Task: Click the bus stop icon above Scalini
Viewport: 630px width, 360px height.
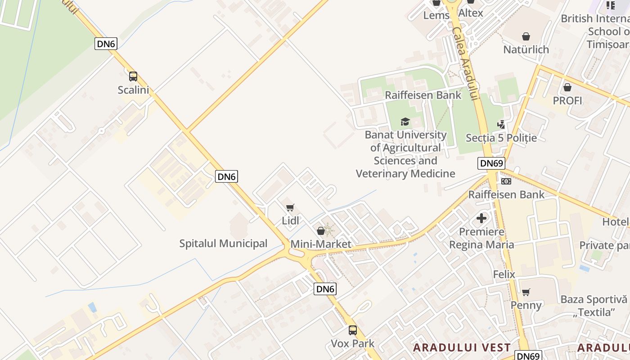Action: (x=133, y=76)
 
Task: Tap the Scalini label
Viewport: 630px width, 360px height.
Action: (x=133, y=90)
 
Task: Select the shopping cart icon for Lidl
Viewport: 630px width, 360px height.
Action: (x=290, y=207)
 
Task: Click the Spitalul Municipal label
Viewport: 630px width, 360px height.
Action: (x=223, y=243)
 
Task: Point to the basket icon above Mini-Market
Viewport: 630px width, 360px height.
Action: (x=321, y=231)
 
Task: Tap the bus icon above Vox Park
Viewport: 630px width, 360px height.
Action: (x=353, y=330)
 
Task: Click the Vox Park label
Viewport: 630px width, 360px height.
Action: (x=352, y=344)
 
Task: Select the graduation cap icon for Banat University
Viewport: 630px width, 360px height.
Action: (x=405, y=121)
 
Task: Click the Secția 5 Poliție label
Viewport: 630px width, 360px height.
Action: (x=501, y=138)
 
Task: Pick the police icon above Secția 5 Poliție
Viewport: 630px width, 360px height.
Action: (x=501, y=124)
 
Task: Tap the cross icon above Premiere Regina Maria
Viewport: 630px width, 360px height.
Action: (x=481, y=219)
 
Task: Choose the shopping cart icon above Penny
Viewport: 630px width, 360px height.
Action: (x=526, y=292)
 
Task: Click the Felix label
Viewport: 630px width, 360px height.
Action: (x=504, y=274)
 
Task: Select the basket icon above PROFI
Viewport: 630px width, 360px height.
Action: (x=567, y=87)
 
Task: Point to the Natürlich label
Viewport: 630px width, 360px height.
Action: (x=526, y=49)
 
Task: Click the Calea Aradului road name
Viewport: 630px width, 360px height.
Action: (x=464, y=63)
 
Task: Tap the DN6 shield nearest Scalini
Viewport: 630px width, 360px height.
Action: (x=106, y=44)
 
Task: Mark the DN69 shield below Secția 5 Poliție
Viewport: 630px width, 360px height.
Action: (x=491, y=163)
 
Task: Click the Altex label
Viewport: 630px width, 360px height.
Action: (x=471, y=13)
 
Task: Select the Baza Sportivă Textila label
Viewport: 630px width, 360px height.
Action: (x=594, y=306)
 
